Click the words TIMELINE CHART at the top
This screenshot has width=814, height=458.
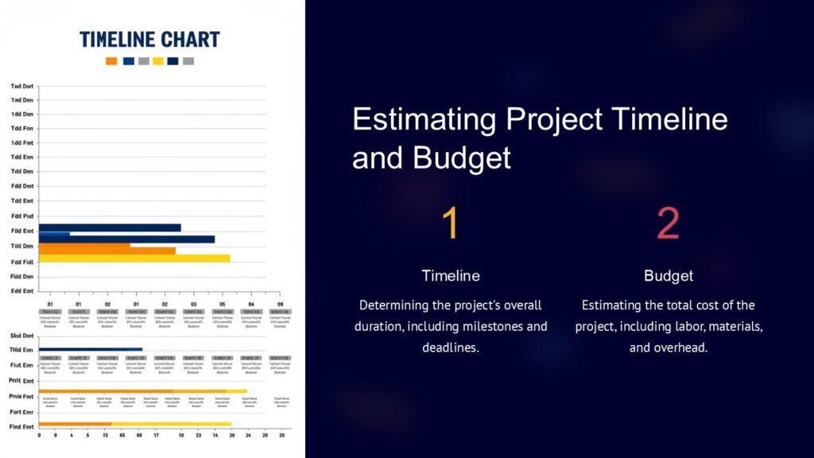(x=150, y=39)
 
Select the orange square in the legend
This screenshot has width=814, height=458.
(x=111, y=61)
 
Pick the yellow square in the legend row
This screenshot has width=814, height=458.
(x=158, y=61)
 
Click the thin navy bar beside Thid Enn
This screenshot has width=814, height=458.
(x=91, y=349)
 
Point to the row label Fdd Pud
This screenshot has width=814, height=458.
(x=22, y=215)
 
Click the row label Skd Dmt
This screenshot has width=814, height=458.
(x=22, y=336)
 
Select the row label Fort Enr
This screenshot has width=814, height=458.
(x=21, y=412)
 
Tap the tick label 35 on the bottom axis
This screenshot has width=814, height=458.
(x=105, y=436)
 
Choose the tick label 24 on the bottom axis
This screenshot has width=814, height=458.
(x=247, y=436)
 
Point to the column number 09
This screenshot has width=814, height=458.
(x=279, y=305)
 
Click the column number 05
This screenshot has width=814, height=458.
(x=223, y=305)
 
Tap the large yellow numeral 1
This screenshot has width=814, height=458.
(x=450, y=224)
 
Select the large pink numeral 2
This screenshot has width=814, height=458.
(x=668, y=224)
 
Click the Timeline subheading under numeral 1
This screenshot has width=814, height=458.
(x=451, y=276)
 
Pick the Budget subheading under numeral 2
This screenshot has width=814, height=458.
(x=669, y=276)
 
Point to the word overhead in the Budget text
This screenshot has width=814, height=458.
(x=680, y=348)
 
